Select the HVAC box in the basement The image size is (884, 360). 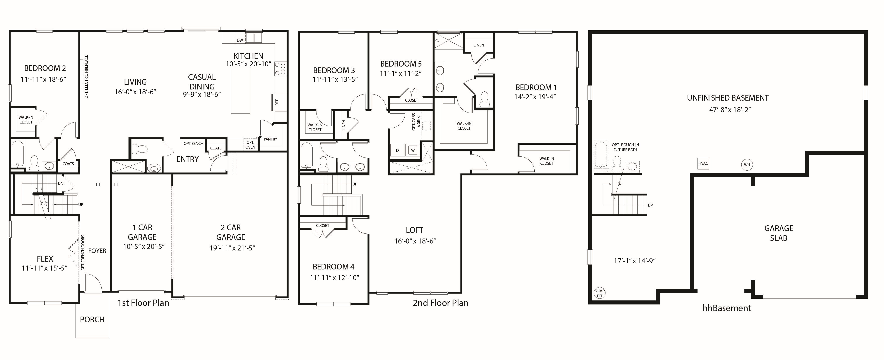(x=703, y=163)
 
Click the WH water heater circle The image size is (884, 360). (x=747, y=165)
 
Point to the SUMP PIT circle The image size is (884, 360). (x=600, y=293)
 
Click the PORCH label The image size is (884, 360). (x=92, y=319)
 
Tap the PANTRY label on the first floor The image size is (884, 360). (x=270, y=139)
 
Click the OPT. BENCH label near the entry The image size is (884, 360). (x=193, y=143)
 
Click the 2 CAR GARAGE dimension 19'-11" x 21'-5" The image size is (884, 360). (x=232, y=248)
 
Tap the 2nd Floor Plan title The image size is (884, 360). (x=441, y=303)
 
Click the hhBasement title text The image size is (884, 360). (x=727, y=308)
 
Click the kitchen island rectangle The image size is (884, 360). (x=240, y=91)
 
